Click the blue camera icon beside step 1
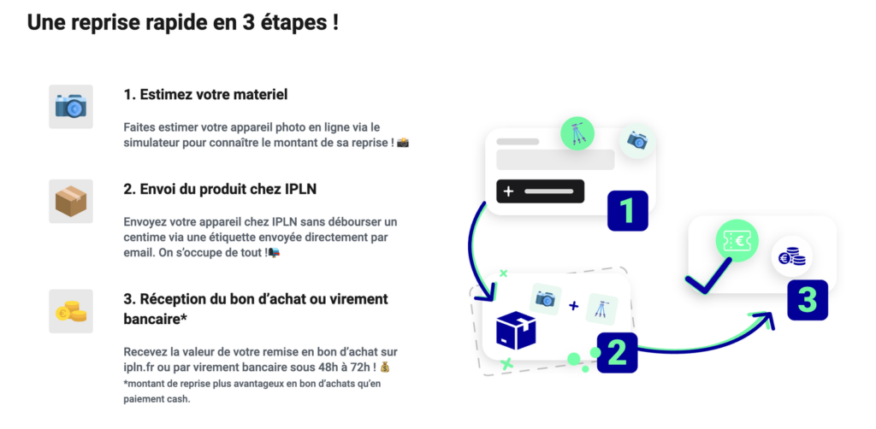[x=71, y=107]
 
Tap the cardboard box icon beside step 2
[x=71, y=201]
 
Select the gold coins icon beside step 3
[x=71, y=311]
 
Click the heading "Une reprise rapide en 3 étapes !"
[x=183, y=23]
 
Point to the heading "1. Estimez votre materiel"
[x=205, y=95]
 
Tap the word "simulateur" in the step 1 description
[x=150, y=142]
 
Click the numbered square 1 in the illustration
[x=627, y=211]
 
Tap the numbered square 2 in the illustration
[x=617, y=353]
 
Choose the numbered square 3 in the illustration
[x=808, y=300]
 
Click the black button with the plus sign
[x=541, y=191]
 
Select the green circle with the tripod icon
[x=577, y=133]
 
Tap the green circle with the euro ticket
[x=737, y=241]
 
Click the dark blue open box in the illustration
[x=516, y=330]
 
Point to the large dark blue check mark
[x=707, y=275]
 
